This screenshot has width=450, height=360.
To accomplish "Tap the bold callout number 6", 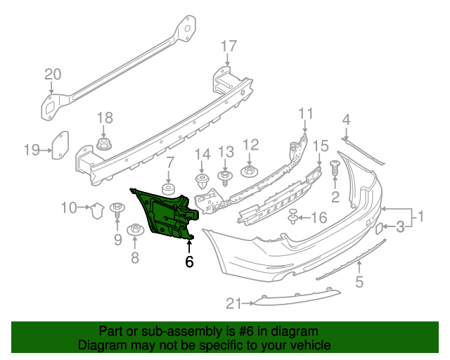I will pyautogui.click(x=188, y=262).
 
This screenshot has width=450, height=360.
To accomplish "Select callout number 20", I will pyautogui.click(x=53, y=75).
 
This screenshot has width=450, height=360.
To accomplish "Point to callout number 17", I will pyautogui.click(x=229, y=46).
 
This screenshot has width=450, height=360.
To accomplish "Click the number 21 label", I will pyautogui.click(x=233, y=303).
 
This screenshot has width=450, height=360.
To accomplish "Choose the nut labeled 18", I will pyautogui.click(x=104, y=146).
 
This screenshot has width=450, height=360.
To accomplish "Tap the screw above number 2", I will pyautogui.click(x=335, y=168).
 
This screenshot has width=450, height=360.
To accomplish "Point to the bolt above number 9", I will pyautogui.click(x=117, y=208).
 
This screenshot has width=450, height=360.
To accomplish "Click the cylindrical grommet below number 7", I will pyautogui.click(x=169, y=190).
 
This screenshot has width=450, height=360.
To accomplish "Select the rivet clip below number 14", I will pyautogui.click(x=202, y=182).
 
